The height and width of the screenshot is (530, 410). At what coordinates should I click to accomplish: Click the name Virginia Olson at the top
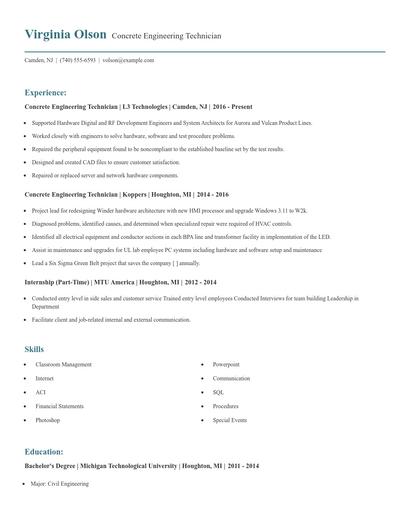point(66,35)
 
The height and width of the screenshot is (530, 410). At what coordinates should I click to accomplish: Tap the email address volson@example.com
point(129,60)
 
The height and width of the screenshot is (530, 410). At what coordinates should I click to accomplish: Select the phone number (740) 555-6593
point(78,60)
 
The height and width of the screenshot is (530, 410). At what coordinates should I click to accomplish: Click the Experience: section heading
point(46,91)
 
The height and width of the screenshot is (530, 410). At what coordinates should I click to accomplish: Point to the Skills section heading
point(34,349)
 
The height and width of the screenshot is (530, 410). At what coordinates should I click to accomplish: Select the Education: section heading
point(44,452)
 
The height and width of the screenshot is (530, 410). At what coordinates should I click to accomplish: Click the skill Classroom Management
point(63,365)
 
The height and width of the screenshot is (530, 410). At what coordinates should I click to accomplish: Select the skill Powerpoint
point(226,365)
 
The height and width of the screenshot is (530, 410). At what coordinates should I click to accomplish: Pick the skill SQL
point(218,393)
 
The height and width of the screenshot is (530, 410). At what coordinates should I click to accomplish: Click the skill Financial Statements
point(59,407)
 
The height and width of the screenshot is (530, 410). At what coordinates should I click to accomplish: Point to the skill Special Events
point(229,421)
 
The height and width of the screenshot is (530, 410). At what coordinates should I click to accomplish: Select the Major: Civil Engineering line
point(60,484)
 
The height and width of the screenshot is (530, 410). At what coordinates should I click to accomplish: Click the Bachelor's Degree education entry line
point(141,467)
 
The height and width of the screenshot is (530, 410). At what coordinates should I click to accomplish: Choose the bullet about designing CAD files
point(105,161)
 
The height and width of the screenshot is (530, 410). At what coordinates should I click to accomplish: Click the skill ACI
point(40,393)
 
